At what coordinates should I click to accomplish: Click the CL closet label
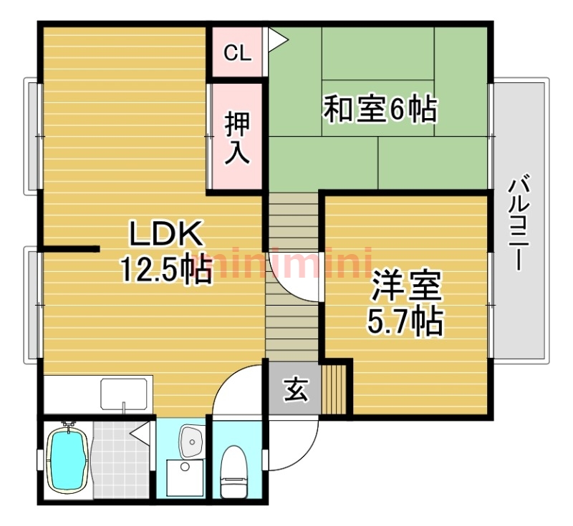[x=238, y=53]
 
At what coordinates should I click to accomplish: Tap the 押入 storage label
[x=237, y=138]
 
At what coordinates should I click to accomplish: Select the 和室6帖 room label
[x=380, y=108]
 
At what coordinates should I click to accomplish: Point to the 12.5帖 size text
[x=166, y=269]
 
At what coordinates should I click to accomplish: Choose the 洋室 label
[x=406, y=286]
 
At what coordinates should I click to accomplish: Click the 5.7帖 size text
[x=405, y=322]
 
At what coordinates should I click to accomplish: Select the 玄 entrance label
[x=296, y=389]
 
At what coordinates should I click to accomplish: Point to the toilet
[x=235, y=472]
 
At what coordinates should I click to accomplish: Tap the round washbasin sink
[x=191, y=441]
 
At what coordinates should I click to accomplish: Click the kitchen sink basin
[x=124, y=394]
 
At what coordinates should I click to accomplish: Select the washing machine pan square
[x=185, y=478]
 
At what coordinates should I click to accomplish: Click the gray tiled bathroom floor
[x=121, y=459]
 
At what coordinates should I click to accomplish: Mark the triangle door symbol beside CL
[x=277, y=39]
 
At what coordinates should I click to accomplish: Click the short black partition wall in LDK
[x=69, y=249]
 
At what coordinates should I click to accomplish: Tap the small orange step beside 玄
[x=334, y=389]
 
